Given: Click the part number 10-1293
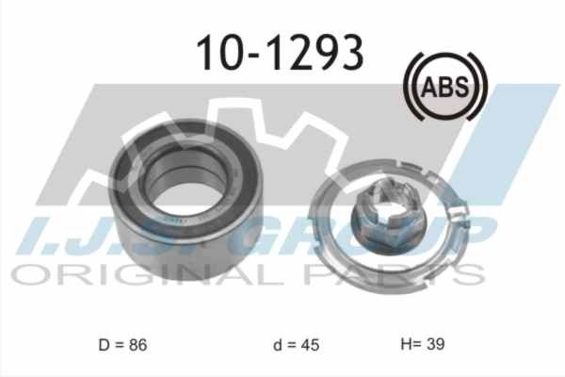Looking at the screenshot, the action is pyautogui.click(x=280, y=53).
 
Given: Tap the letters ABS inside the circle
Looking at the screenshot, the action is pyautogui.click(x=445, y=87).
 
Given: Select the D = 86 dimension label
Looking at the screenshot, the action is pyautogui.click(x=122, y=345).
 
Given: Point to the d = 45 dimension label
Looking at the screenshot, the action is pyautogui.click(x=297, y=345).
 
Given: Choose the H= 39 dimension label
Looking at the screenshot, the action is pyautogui.click(x=423, y=344).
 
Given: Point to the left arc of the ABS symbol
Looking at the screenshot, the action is pyautogui.click(x=408, y=87).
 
